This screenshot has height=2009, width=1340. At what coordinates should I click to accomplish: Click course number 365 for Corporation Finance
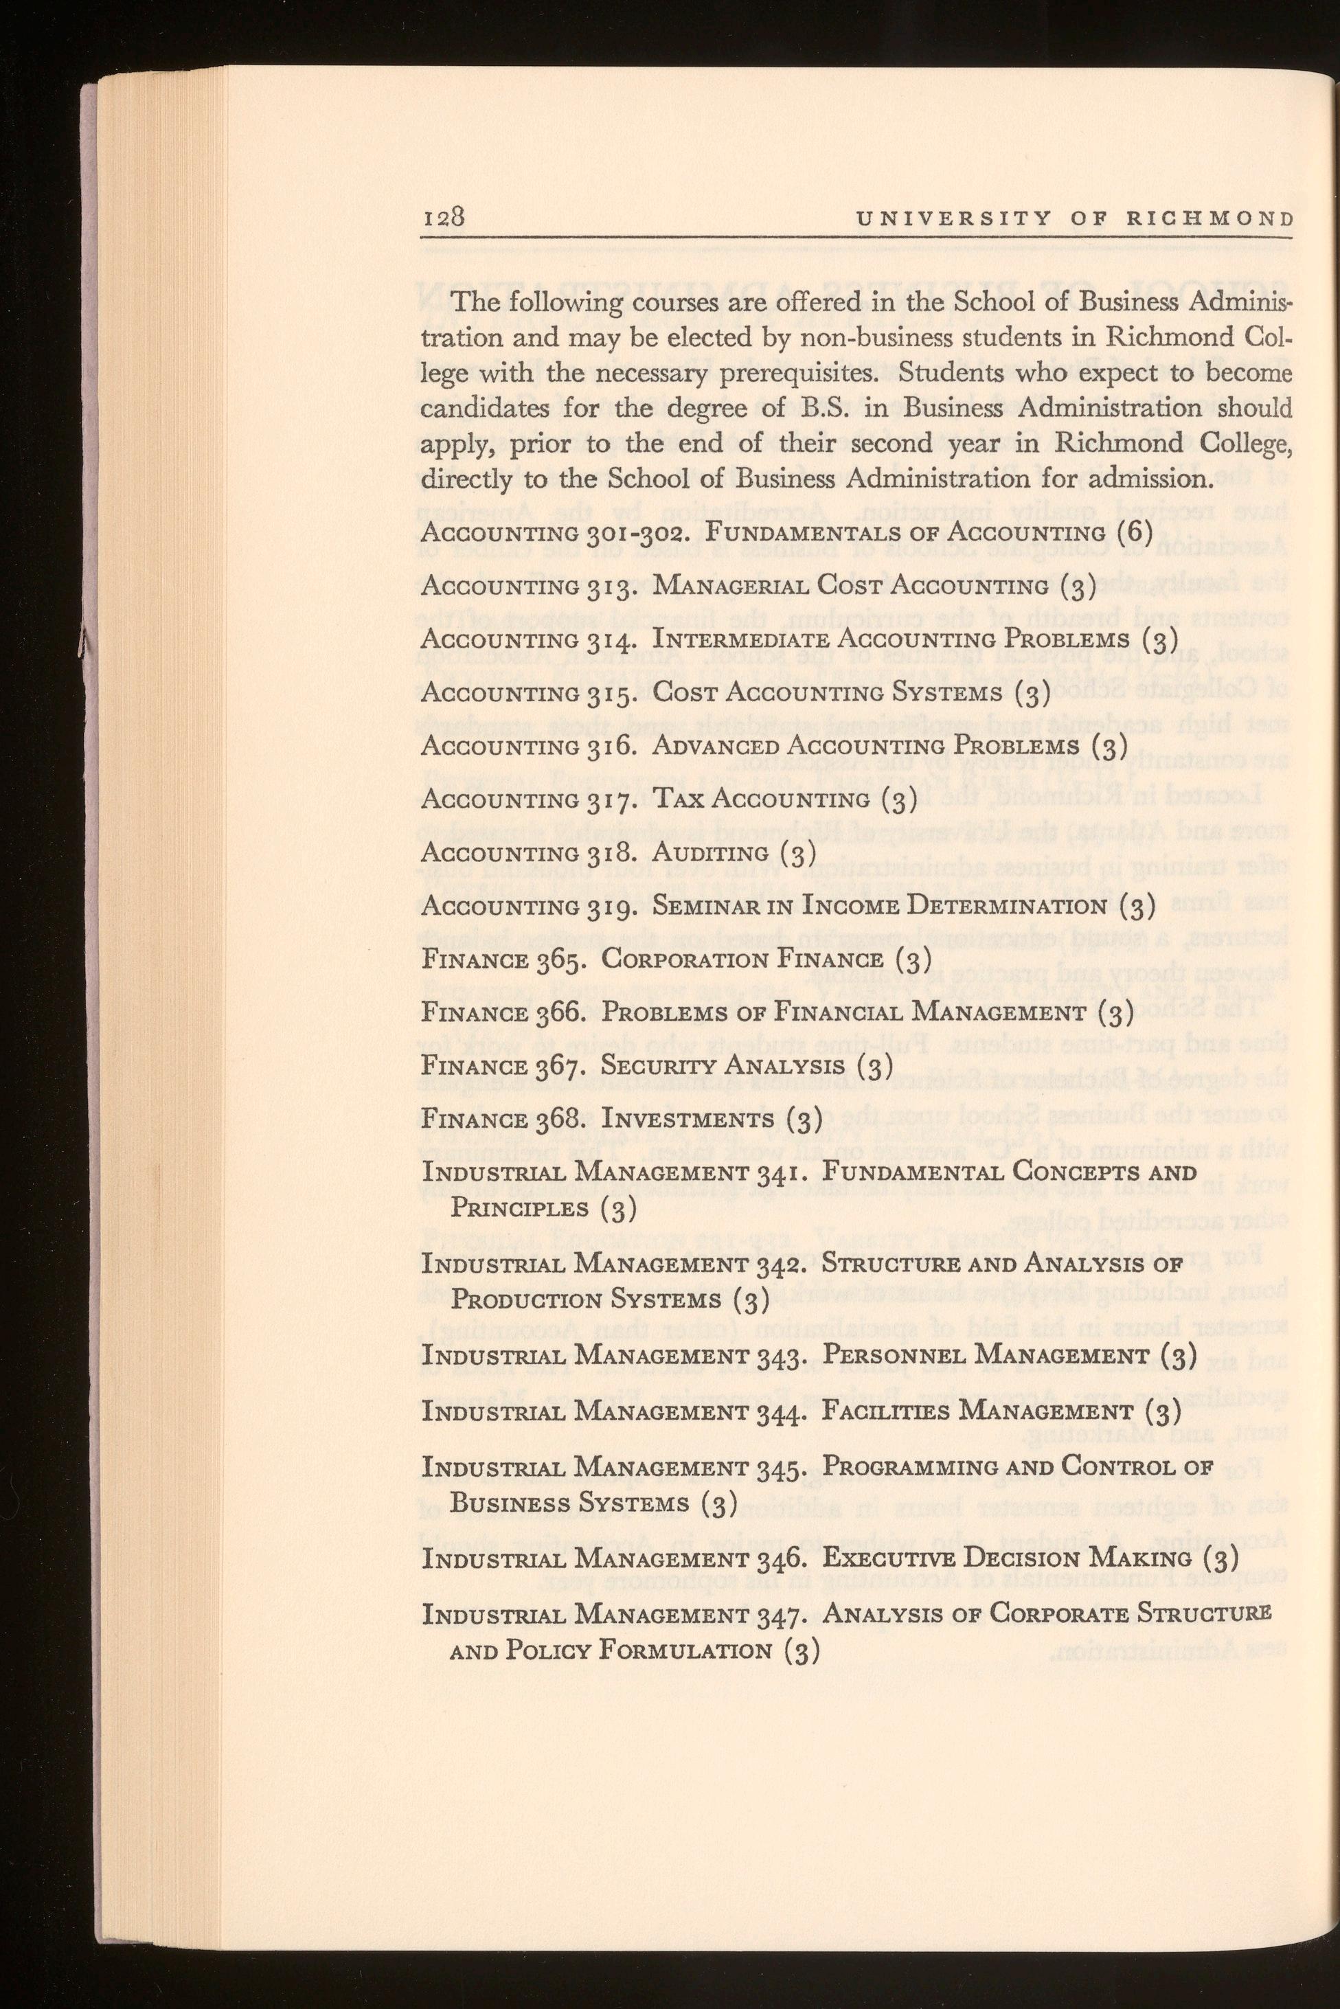click(x=560, y=960)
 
